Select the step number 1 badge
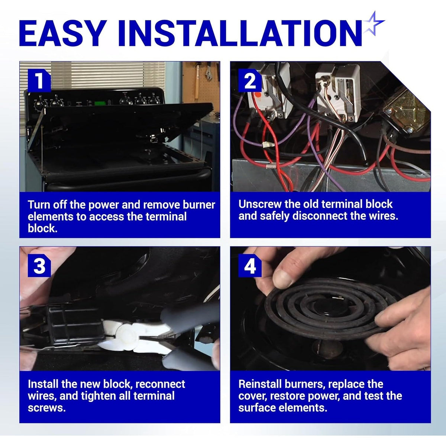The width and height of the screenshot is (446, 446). click(39, 81)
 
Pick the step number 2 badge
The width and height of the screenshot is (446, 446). click(250, 81)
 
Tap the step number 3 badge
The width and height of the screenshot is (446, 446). click(39, 265)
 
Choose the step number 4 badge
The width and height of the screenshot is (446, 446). click(250, 265)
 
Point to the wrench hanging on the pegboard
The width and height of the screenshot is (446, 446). click(209, 71)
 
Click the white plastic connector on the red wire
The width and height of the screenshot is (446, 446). click(267, 145)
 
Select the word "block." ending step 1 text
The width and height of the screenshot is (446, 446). click(42, 229)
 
